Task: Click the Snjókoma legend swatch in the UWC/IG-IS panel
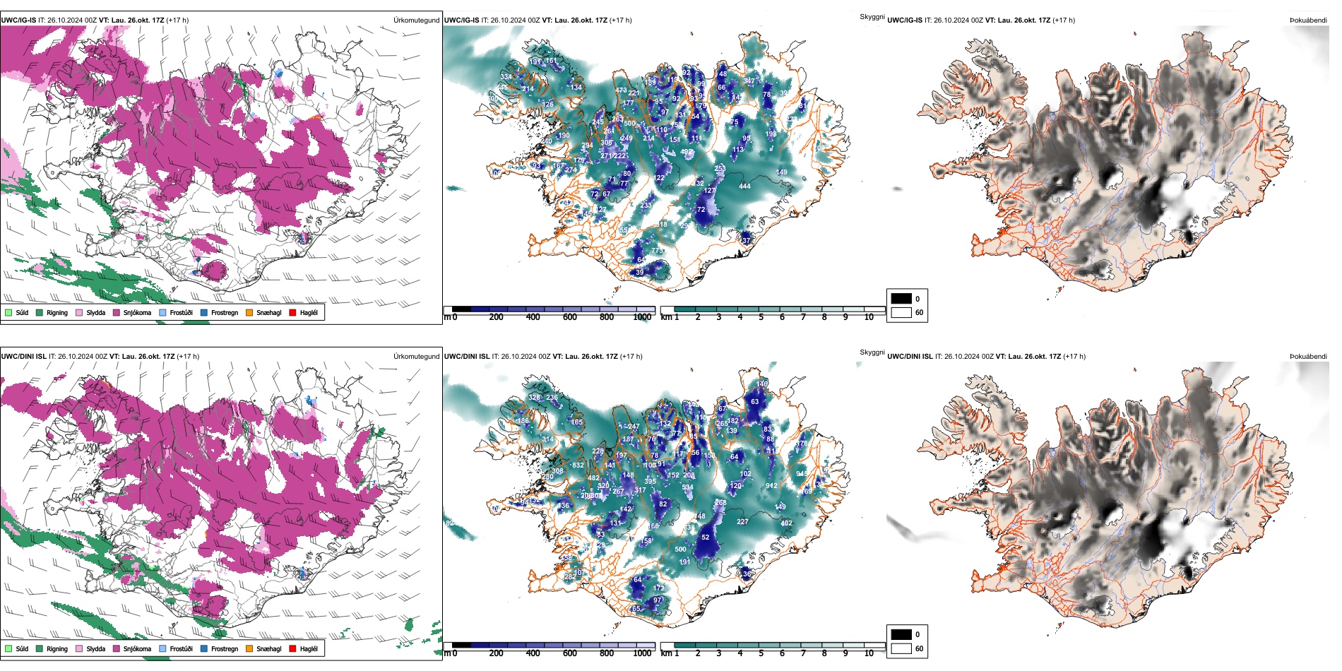click(117, 312)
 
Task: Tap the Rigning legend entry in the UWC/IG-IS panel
click(40, 312)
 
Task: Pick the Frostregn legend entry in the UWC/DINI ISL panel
click(204, 648)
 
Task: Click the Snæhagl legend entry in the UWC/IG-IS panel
click(249, 312)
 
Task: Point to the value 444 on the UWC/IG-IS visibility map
click(744, 186)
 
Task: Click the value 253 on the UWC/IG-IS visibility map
click(720, 169)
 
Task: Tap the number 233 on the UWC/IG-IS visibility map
click(646, 206)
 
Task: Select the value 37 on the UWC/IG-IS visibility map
click(747, 241)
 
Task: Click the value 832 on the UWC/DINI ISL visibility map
click(578, 465)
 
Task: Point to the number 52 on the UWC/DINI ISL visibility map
click(705, 538)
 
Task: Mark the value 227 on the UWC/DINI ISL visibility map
click(742, 522)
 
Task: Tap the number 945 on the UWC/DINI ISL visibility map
click(801, 474)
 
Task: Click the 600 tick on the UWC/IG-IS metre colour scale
click(570, 317)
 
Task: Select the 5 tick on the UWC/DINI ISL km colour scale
click(761, 653)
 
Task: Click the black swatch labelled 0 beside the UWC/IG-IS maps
click(901, 298)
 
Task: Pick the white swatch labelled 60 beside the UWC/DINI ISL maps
click(901, 648)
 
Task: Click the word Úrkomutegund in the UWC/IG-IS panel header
click(416, 20)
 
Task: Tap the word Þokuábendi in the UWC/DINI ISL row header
click(1308, 357)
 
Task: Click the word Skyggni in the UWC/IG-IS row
click(872, 17)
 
